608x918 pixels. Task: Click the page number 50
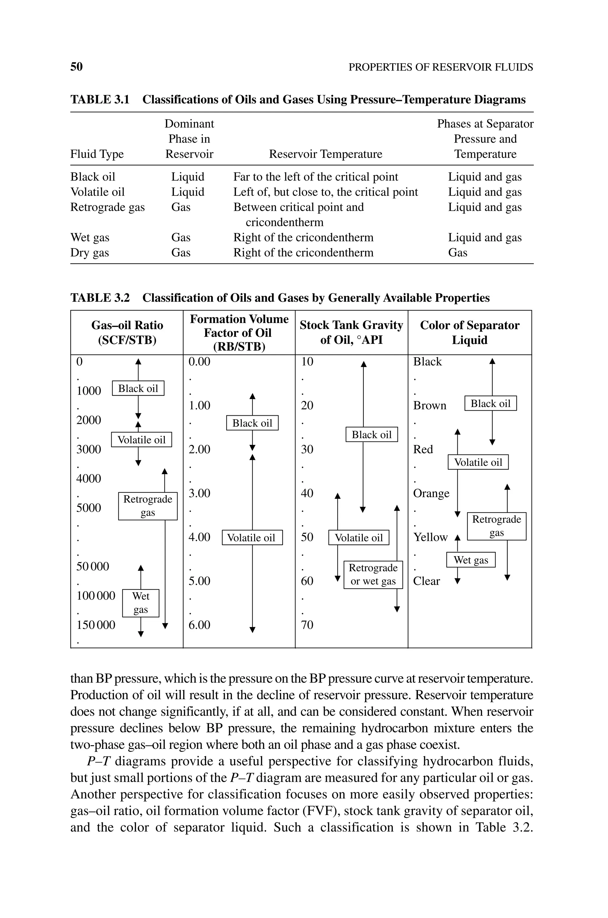[76, 67]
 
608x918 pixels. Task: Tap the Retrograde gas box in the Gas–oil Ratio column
[148, 506]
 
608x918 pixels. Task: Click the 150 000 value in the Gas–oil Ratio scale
[96, 625]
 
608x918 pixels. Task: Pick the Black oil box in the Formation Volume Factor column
[252, 423]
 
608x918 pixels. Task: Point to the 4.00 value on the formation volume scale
[199, 537]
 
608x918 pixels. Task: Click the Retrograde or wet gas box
[373, 574]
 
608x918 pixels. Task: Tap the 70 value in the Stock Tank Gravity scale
[307, 625]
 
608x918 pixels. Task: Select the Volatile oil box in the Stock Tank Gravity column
[359, 538]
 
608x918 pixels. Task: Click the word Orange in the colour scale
[431, 493]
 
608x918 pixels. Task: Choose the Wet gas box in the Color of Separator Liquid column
[471, 560]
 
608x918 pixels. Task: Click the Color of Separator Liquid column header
[470, 332]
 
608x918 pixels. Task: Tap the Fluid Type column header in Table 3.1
[97, 154]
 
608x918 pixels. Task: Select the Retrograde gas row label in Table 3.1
[107, 208]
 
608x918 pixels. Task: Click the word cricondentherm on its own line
[284, 222]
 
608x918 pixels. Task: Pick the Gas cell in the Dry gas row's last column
[457, 253]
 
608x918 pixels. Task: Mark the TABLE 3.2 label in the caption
[100, 298]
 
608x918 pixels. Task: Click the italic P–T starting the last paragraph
[99, 761]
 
